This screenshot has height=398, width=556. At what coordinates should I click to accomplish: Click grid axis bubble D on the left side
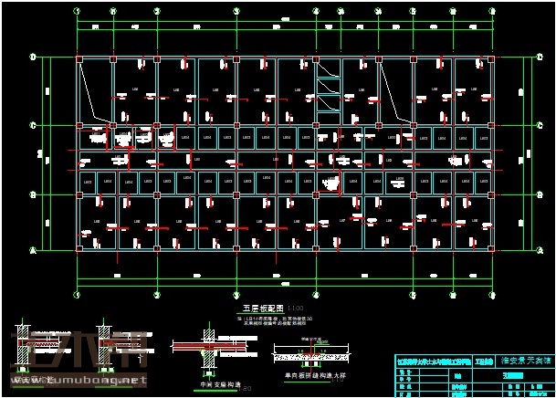(33, 58)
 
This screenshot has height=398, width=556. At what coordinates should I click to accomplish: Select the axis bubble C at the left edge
(33, 125)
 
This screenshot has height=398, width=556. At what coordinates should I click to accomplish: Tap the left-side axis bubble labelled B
(33, 194)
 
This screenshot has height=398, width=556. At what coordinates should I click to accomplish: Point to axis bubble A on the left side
(33, 248)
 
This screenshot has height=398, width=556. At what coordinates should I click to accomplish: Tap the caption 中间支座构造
(217, 384)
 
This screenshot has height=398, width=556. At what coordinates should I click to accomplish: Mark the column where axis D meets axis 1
(79, 59)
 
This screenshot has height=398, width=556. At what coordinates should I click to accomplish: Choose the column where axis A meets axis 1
(79, 247)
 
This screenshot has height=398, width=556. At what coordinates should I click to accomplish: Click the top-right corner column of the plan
(491, 59)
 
